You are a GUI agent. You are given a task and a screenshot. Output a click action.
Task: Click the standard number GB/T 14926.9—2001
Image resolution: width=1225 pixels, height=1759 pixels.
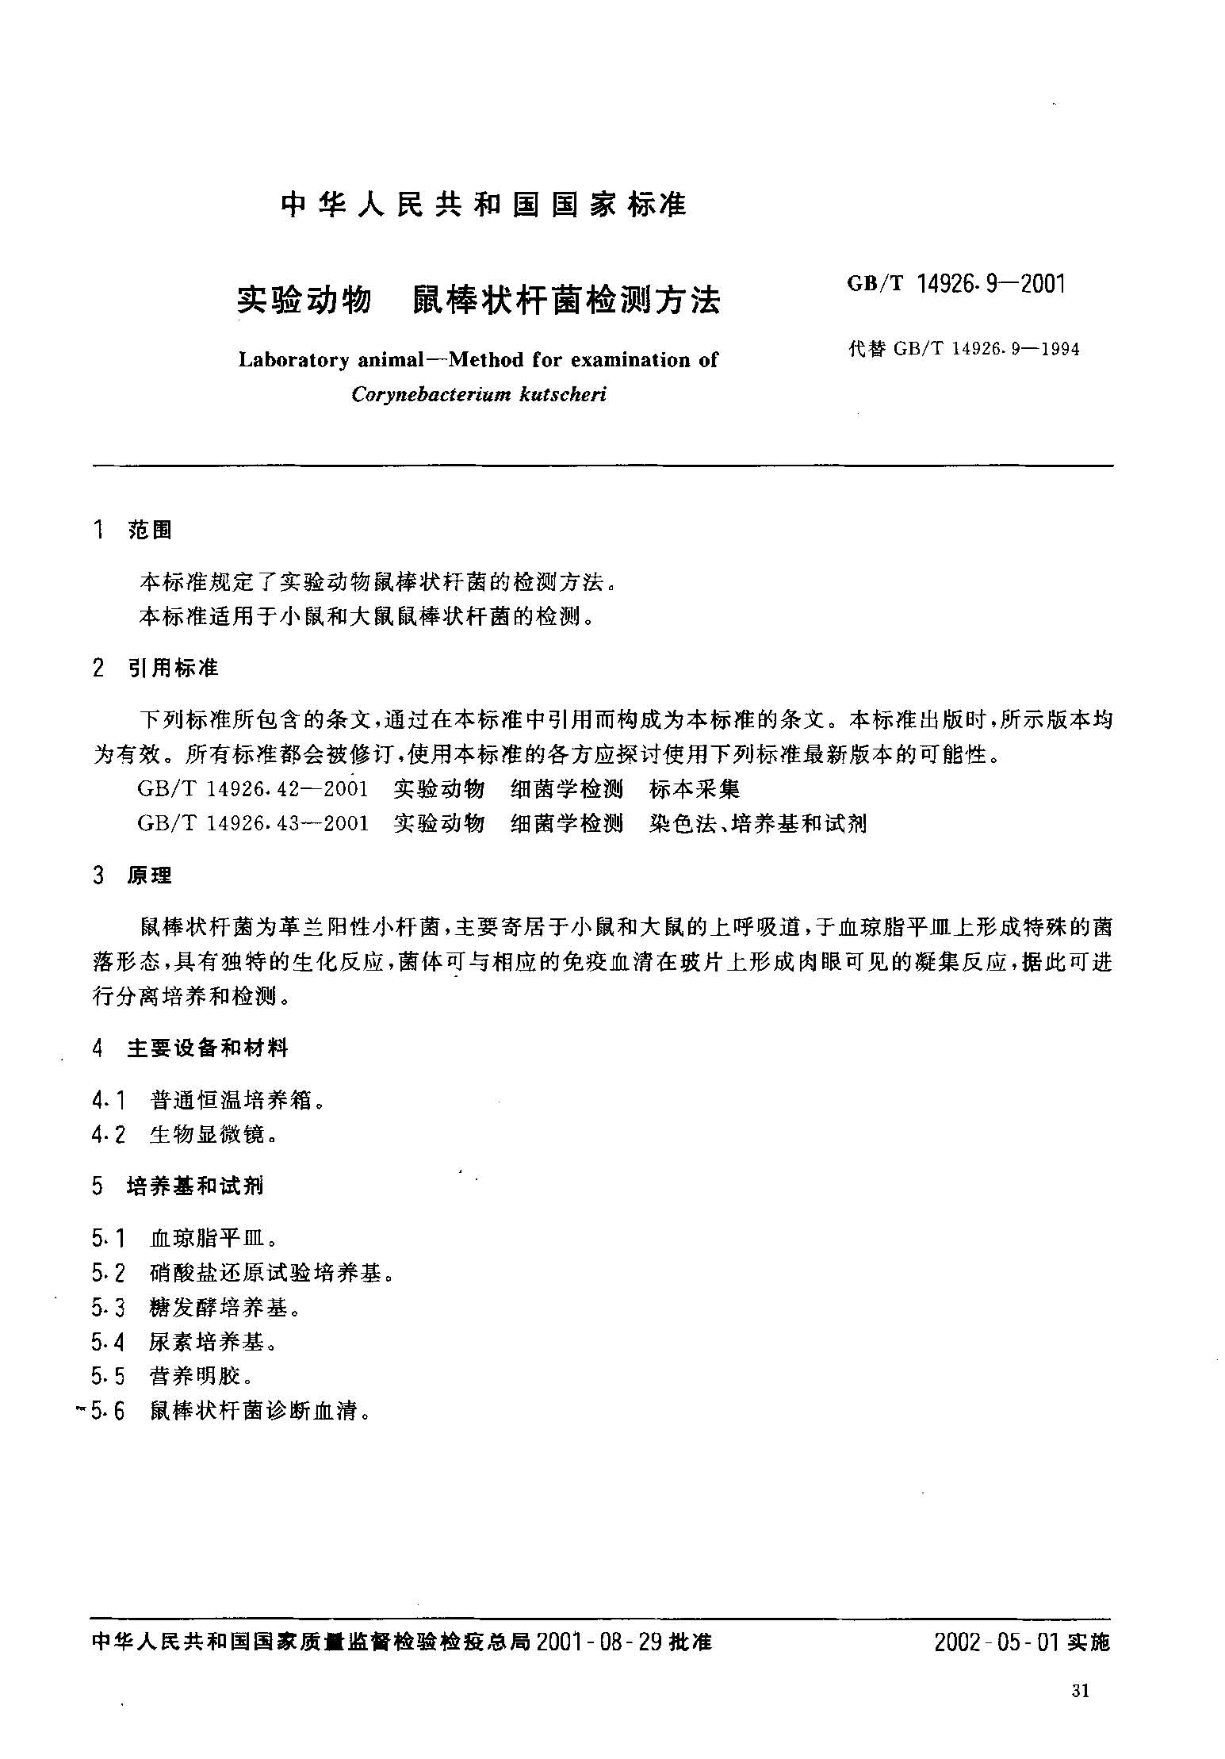pyautogui.click(x=956, y=283)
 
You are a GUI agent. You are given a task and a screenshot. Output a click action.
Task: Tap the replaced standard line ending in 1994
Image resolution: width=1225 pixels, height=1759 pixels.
pyautogui.click(x=963, y=349)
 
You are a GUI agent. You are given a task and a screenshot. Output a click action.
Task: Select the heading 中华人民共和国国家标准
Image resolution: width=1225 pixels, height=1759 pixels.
pyautogui.click(x=484, y=205)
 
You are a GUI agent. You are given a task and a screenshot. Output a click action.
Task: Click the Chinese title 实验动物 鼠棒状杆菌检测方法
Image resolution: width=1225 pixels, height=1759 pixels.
pyautogui.click(x=479, y=301)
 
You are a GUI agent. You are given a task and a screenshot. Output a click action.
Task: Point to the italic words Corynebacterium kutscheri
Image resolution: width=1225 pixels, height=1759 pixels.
pyautogui.click(x=479, y=394)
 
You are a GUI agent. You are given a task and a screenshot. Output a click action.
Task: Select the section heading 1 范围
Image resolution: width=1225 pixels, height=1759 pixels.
pyautogui.click(x=132, y=531)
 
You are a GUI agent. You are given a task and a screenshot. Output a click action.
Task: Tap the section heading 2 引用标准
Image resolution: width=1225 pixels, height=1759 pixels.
pyautogui.click(x=155, y=669)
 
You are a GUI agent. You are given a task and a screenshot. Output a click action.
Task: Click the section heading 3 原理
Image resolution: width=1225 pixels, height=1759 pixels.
pyautogui.click(x=132, y=876)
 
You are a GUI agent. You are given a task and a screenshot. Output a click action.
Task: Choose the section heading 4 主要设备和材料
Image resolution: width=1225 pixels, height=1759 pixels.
pyautogui.click(x=190, y=1048)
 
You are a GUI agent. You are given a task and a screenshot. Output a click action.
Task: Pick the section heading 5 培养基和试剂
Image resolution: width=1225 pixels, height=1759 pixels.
pyautogui.click(x=178, y=1186)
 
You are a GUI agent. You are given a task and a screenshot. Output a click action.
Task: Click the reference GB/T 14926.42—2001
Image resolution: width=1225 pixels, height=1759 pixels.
pyautogui.click(x=253, y=789)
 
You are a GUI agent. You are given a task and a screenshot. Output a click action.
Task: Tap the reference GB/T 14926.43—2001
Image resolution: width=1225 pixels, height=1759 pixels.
pyautogui.click(x=253, y=823)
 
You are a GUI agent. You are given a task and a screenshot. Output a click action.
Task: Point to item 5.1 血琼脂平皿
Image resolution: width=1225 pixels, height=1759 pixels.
pyautogui.click(x=185, y=1239)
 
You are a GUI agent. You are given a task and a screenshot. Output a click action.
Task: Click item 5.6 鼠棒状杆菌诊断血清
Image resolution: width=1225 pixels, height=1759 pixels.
pyautogui.click(x=231, y=1411)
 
